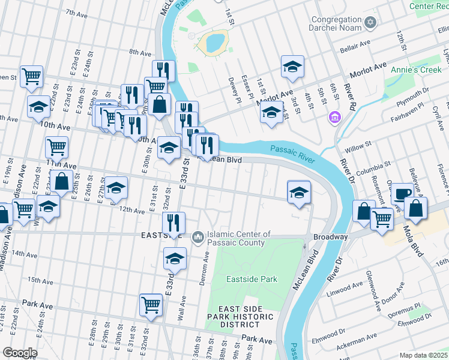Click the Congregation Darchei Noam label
pos(337,23)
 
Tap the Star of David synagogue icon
pos(370,23)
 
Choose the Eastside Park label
pos(252,279)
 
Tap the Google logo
pos(20,353)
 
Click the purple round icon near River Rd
pos(334,116)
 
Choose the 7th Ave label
pos(76,13)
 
